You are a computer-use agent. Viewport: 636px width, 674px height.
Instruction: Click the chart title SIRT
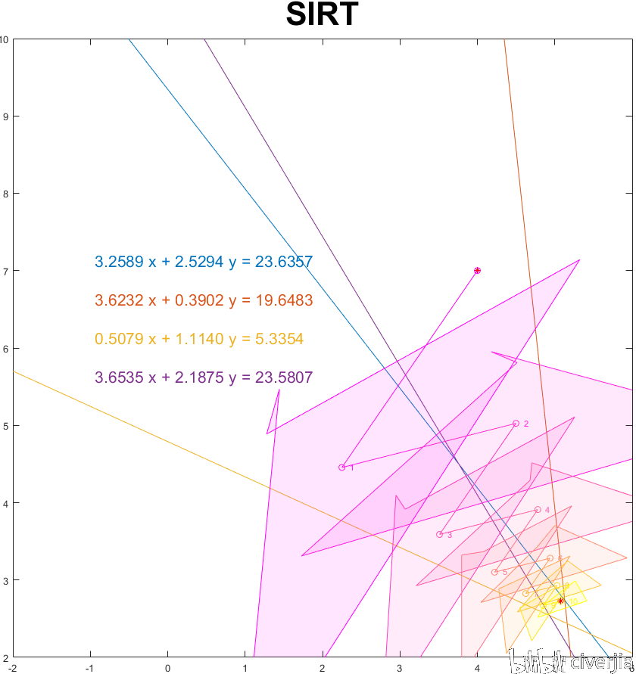[322, 15]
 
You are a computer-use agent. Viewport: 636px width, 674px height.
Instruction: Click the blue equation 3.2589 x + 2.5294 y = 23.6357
[204, 262]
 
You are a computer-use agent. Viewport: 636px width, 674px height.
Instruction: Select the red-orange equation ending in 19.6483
[204, 301]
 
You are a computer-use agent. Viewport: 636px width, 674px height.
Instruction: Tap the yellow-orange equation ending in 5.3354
[199, 340]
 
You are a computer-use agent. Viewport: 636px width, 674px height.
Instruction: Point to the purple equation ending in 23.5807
[204, 378]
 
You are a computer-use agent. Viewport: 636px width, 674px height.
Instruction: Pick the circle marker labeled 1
[342, 467]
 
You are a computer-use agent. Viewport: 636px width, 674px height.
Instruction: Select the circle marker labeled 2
[516, 424]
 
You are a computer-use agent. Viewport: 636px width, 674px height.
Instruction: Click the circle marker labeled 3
[439, 535]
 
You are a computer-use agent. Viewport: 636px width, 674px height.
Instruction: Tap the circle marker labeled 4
[538, 510]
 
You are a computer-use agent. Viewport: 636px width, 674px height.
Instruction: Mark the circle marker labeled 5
[494, 572]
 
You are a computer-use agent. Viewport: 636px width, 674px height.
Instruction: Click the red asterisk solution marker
[560, 601]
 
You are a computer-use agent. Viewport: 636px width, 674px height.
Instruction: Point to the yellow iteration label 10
[574, 603]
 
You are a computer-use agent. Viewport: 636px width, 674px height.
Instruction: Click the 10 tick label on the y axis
[5, 39]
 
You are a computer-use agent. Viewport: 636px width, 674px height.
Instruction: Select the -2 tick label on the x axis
[12, 667]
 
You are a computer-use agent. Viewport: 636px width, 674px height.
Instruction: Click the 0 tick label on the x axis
[167, 667]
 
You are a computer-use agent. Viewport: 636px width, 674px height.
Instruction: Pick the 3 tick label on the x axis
[400, 667]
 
